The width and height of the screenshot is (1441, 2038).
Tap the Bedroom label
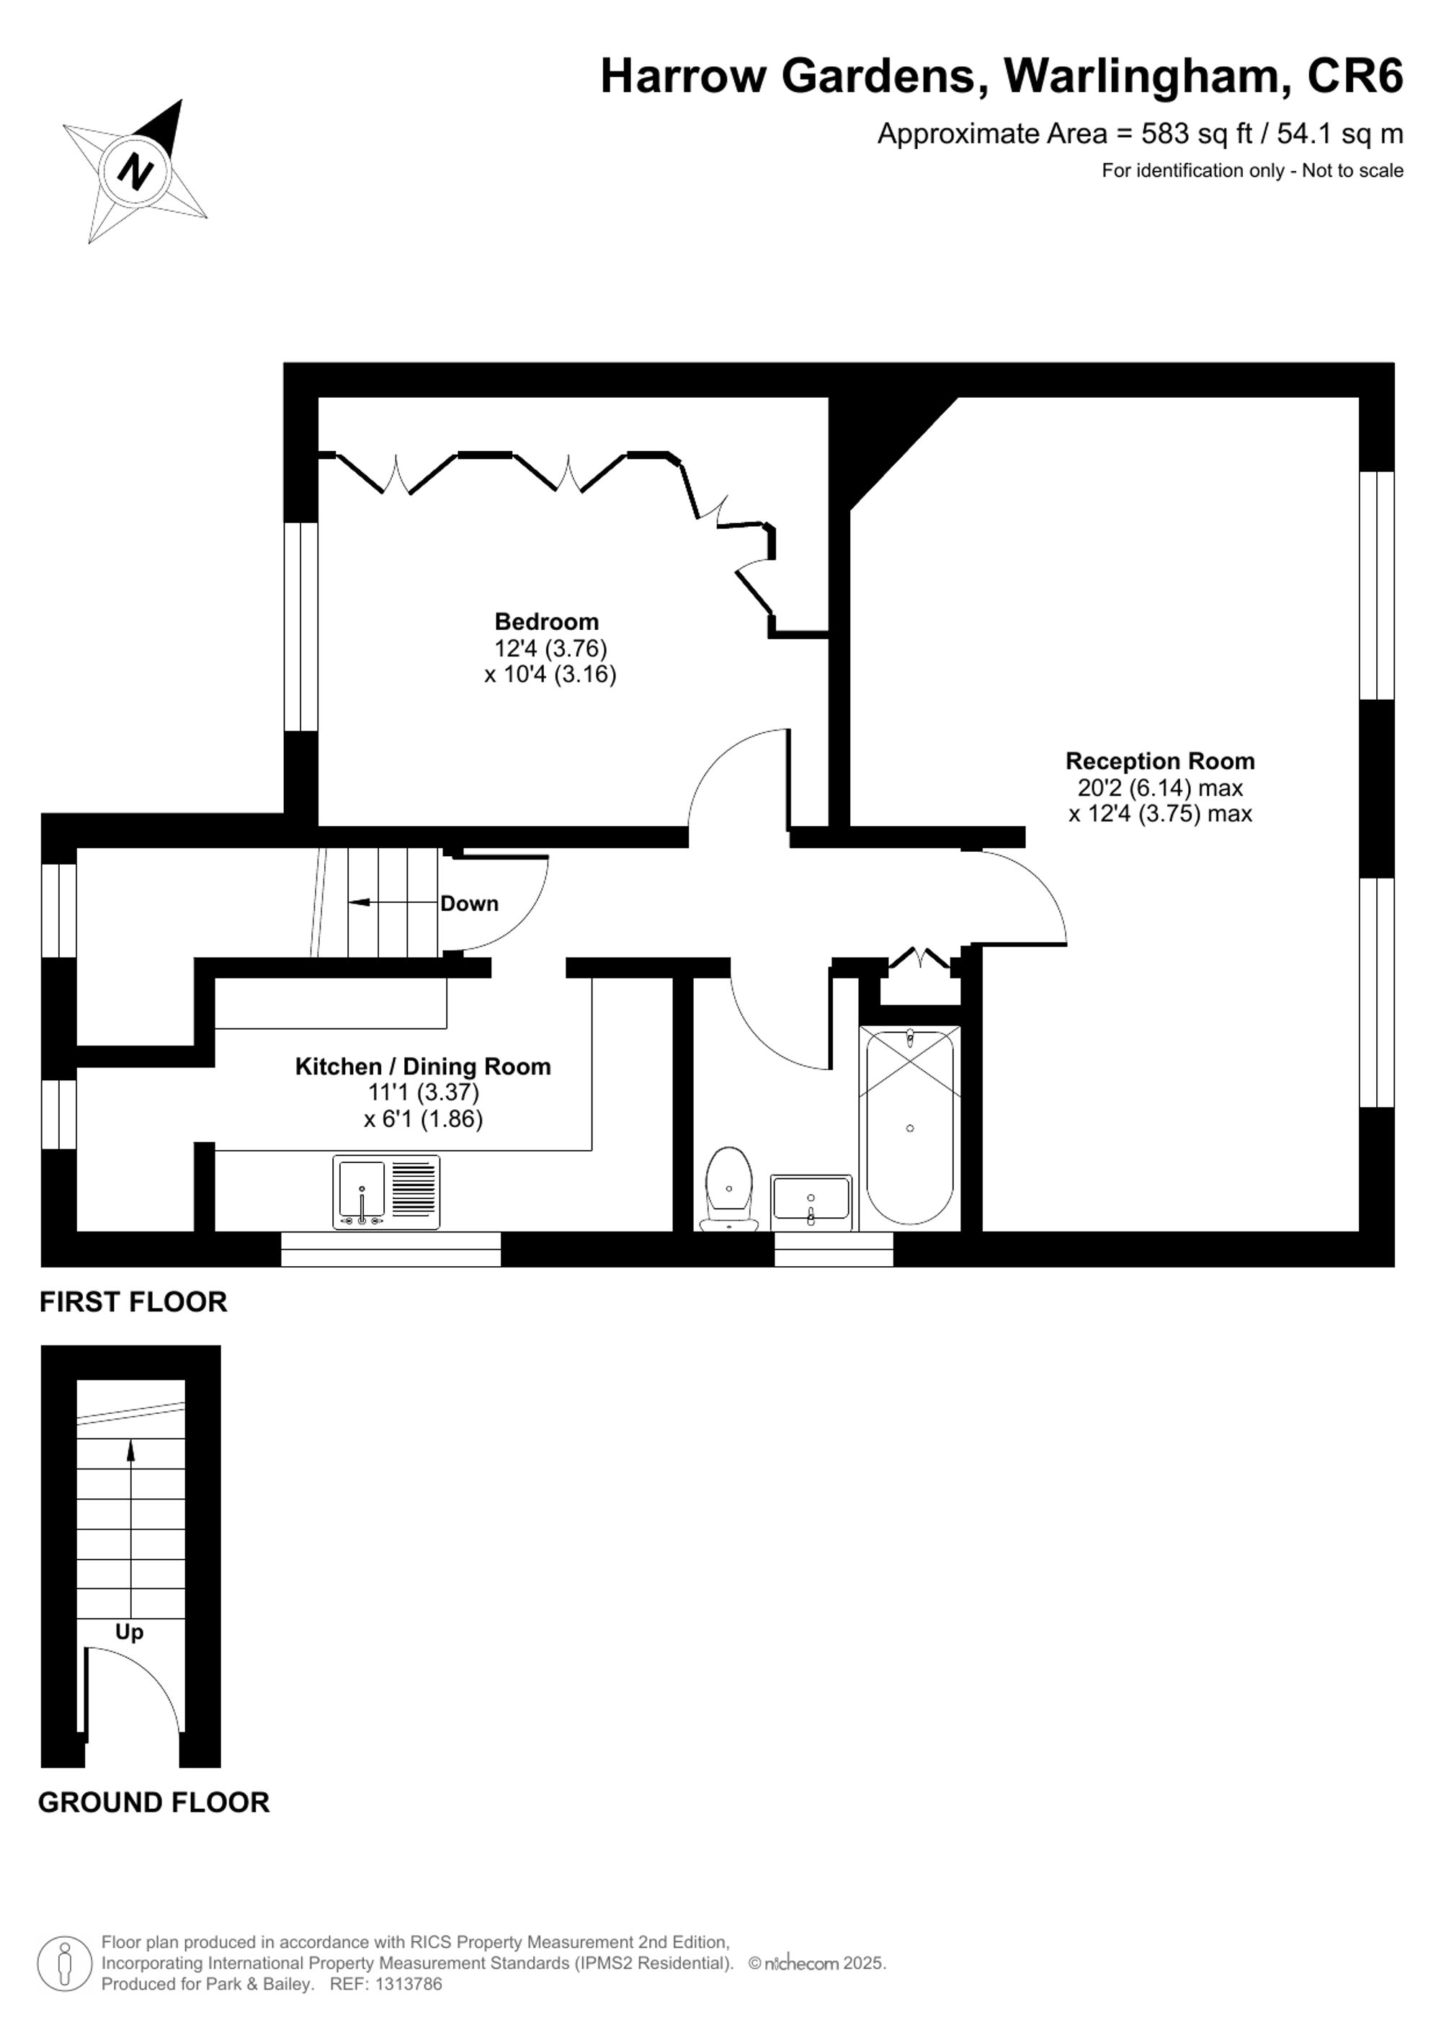click(547, 621)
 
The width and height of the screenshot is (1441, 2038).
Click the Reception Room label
click(1160, 761)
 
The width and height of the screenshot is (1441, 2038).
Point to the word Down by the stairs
click(469, 904)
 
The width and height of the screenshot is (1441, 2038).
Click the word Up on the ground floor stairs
click(130, 1632)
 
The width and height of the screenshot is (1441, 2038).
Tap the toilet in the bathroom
click(729, 1188)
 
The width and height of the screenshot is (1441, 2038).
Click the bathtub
click(909, 1127)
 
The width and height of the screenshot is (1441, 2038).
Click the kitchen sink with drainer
click(386, 1191)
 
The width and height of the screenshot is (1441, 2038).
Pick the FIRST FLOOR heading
click(133, 1301)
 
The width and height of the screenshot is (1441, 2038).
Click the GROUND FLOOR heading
click(153, 1802)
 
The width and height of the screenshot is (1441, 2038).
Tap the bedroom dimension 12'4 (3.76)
click(550, 648)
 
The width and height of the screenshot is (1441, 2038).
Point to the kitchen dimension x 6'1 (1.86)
click(423, 1118)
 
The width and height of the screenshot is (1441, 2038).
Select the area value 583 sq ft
click(1196, 134)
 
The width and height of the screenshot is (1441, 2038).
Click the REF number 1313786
click(409, 1983)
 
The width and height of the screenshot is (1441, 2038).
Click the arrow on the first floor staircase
click(364, 903)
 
